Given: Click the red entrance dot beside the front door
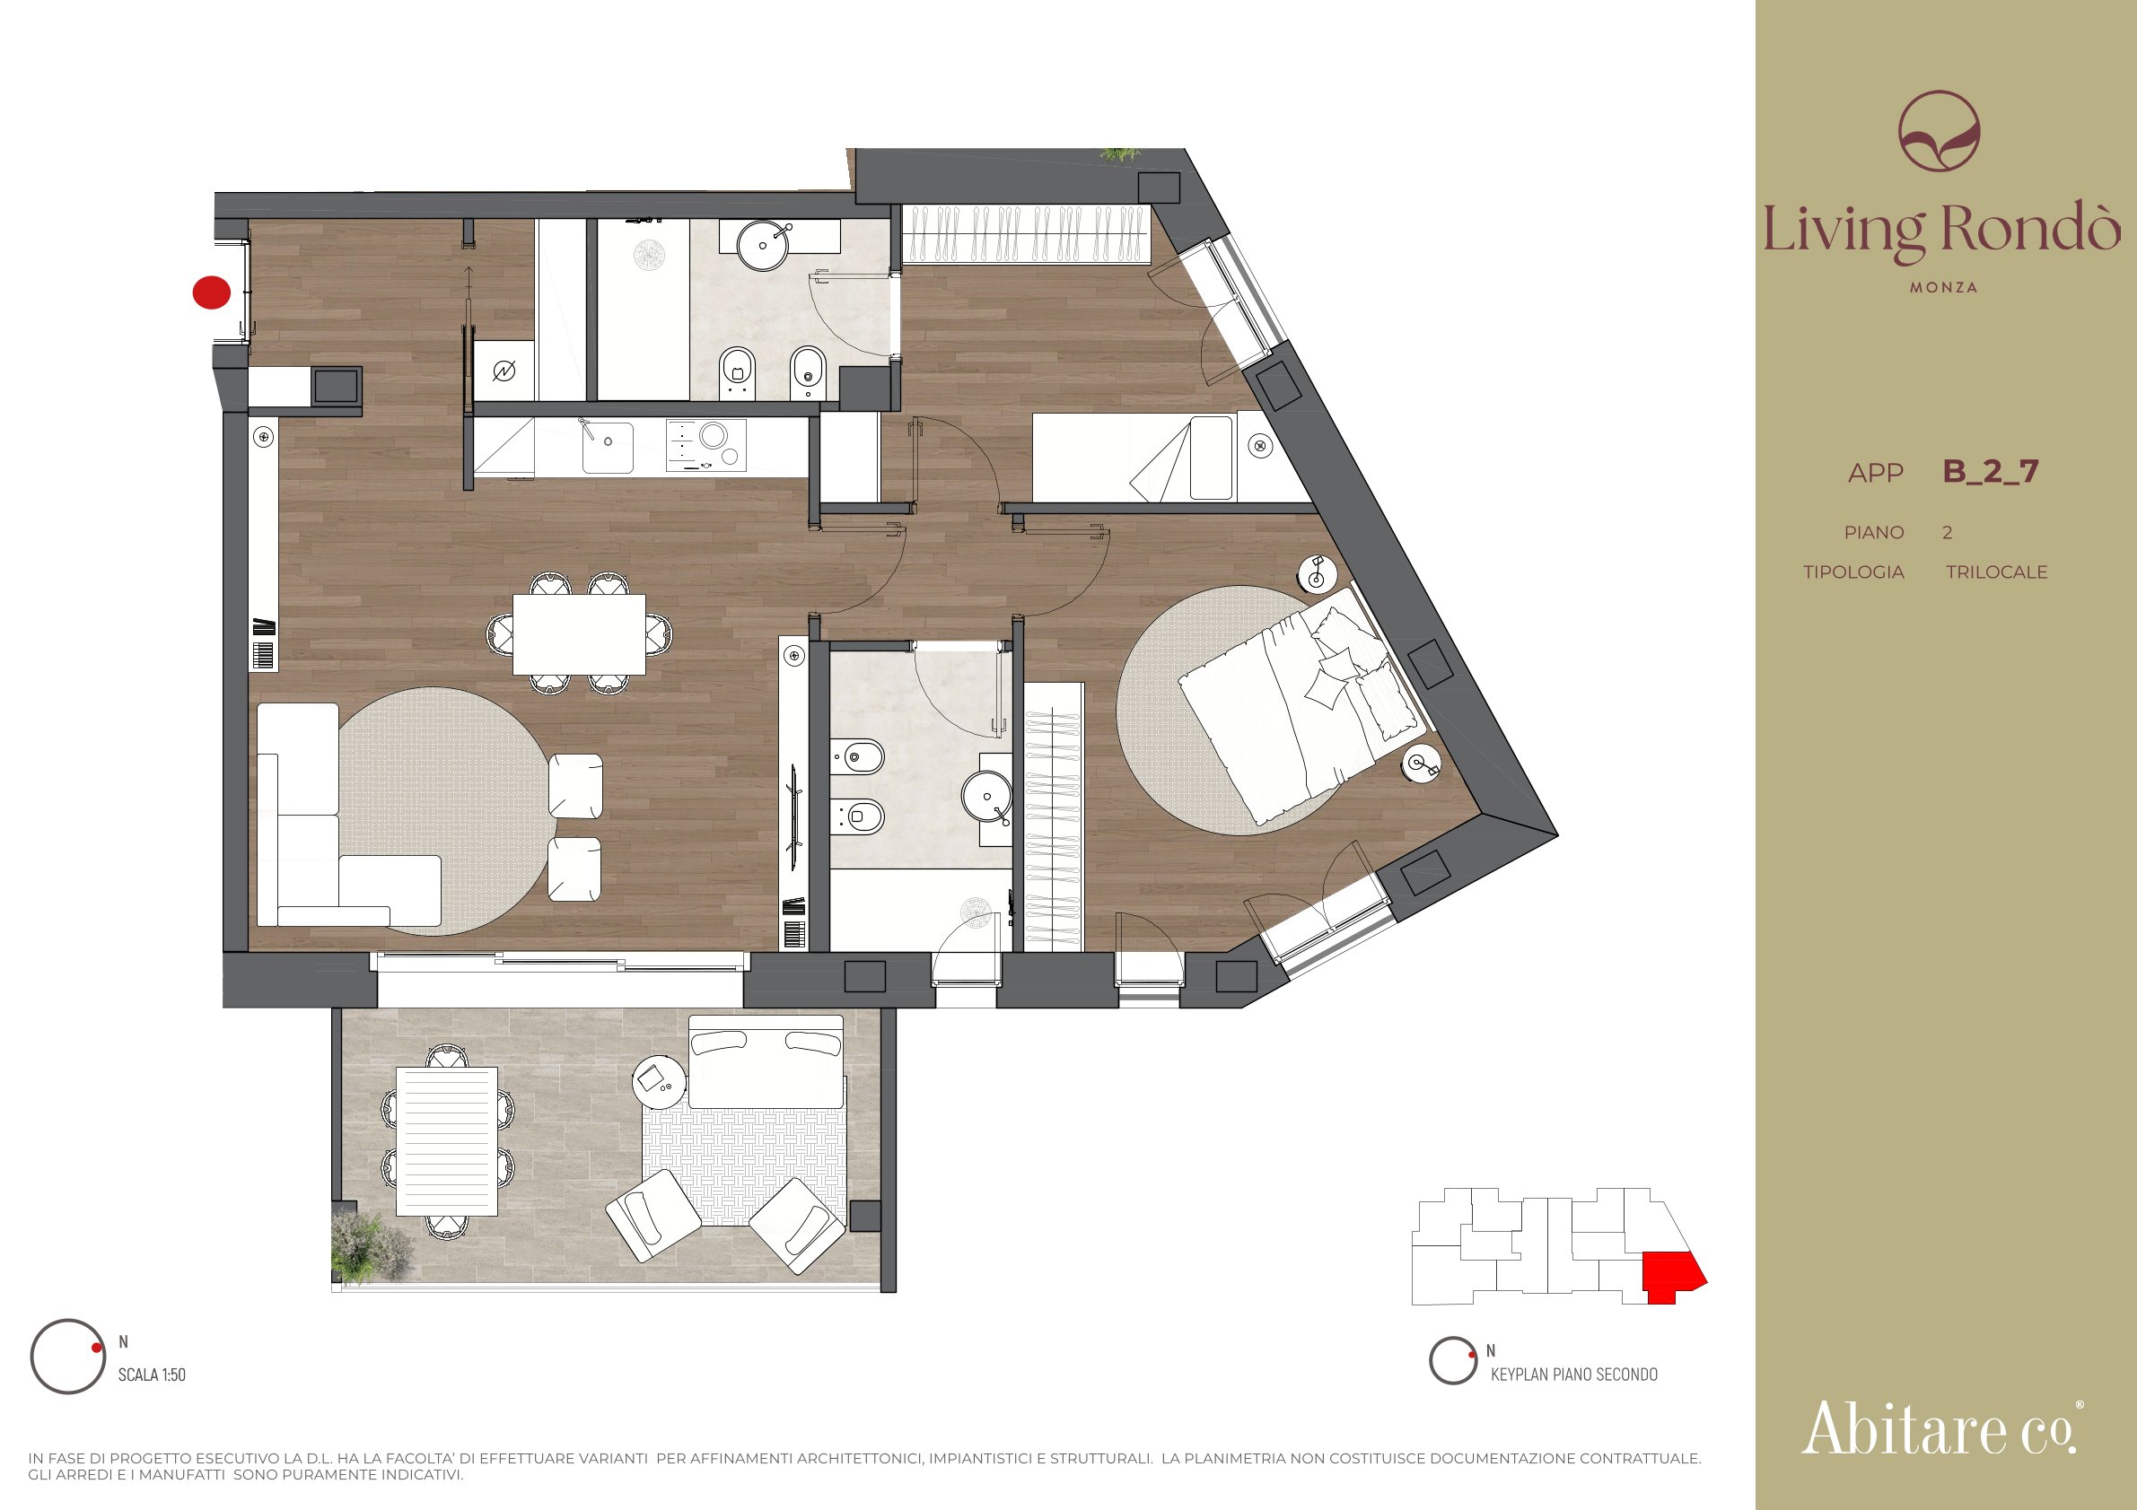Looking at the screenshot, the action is [x=211, y=292].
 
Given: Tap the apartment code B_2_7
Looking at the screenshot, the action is [x=1990, y=472].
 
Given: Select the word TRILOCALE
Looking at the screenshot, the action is [x=1996, y=572].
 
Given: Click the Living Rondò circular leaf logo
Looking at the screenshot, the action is [x=1940, y=130].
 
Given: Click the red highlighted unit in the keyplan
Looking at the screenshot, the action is [x=1671, y=1276].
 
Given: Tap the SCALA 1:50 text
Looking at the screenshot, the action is [x=152, y=1375].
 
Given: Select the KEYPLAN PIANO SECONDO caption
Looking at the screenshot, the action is [x=1574, y=1375].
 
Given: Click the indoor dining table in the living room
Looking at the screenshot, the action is [x=579, y=634].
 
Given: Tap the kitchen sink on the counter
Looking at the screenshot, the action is [x=607, y=448].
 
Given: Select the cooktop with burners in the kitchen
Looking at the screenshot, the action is [x=706, y=445].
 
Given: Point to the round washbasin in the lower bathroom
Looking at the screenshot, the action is [x=986, y=797].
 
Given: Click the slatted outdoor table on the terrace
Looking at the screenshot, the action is [x=447, y=1140].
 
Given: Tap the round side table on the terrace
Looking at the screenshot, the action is [x=659, y=1081].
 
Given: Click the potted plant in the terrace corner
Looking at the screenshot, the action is [x=369, y=1244].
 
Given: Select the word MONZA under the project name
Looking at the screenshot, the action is [x=1943, y=287].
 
